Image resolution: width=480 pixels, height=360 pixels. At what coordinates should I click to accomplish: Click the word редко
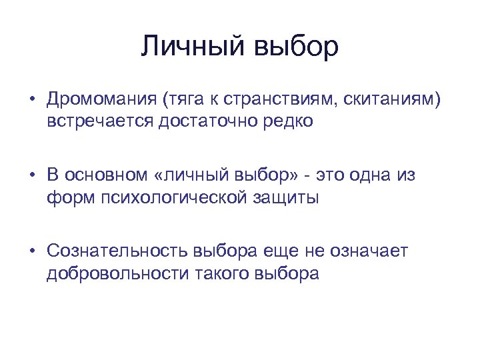pyautogui.click(x=270, y=123)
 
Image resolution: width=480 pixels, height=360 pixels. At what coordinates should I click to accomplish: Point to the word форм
pyautogui.click(x=67, y=198)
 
